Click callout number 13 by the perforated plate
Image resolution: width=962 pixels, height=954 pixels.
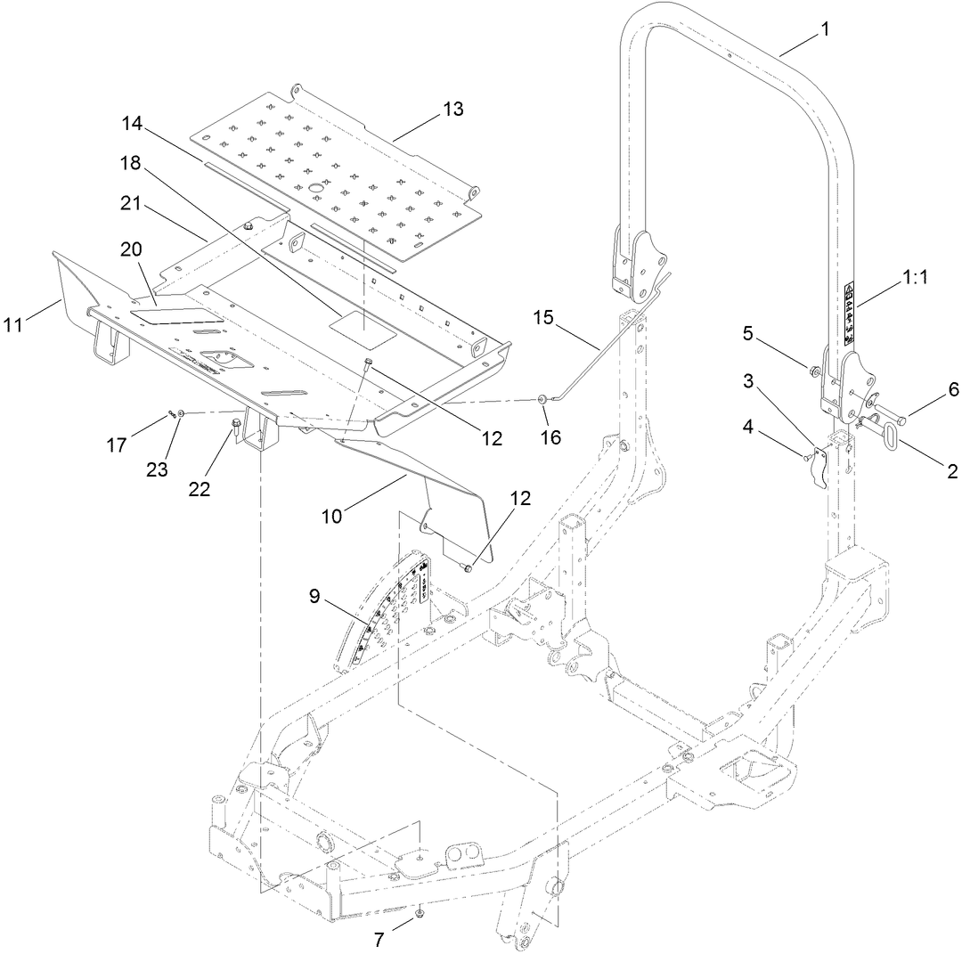452,110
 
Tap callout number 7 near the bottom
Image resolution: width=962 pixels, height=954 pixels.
379,940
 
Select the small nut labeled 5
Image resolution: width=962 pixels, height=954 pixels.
815,371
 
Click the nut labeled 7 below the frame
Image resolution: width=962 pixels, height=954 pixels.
419,915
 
